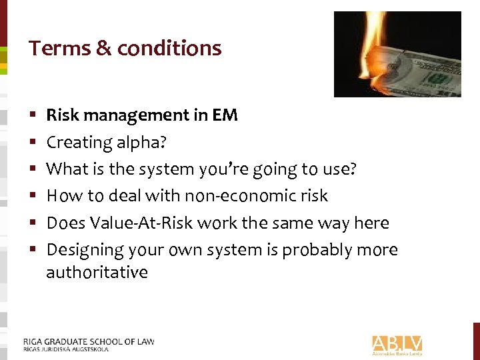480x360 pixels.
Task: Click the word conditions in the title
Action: click(169, 48)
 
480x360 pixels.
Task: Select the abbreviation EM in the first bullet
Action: click(225, 115)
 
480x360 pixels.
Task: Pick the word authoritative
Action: click(97, 272)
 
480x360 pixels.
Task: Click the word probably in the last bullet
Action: click(321, 250)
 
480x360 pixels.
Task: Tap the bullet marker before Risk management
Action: click(33, 116)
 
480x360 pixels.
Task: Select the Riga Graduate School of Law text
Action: click(89, 341)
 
